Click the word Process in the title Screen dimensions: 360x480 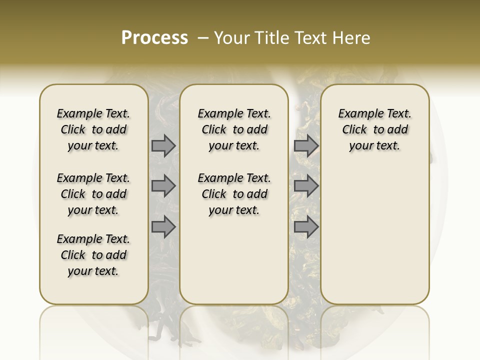(x=154, y=38)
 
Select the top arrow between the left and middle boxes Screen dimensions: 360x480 (x=163, y=146)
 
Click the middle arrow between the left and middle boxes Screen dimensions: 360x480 (x=163, y=186)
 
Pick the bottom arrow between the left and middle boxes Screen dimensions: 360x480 (x=163, y=227)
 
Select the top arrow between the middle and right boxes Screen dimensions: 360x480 (x=306, y=146)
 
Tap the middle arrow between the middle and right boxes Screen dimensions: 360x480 (x=306, y=186)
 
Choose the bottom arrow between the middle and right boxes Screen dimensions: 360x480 (x=306, y=227)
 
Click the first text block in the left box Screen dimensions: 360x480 (x=93, y=129)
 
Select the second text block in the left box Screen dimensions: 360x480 (x=93, y=194)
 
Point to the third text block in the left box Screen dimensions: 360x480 (x=93, y=255)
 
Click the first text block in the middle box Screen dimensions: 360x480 (x=234, y=129)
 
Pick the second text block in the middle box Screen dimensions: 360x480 (x=234, y=194)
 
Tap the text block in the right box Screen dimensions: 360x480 (x=374, y=129)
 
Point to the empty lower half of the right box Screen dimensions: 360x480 (x=374, y=235)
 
